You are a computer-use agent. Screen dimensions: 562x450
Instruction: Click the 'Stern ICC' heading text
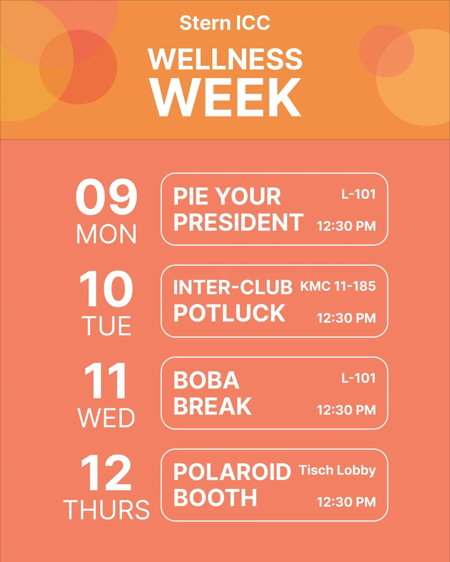click(x=225, y=23)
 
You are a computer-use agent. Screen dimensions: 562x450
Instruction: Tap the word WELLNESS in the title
click(x=225, y=59)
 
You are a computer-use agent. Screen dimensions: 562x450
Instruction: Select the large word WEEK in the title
click(x=226, y=97)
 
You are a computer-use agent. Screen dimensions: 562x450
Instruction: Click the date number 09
click(x=106, y=197)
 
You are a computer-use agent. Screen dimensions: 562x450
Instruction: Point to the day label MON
click(x=106, y=234)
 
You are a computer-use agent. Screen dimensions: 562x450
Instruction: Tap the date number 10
click(x=106, y=289)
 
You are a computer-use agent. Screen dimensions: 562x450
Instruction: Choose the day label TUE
click(x=106, y=326)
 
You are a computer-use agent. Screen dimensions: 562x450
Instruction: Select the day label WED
click(x=106, y=418)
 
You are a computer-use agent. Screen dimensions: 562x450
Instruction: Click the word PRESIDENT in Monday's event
click(x=238, y=222)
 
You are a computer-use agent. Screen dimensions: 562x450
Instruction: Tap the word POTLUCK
click(x=229, y=313)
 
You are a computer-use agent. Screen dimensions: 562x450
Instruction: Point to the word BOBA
click(x=207, y=380)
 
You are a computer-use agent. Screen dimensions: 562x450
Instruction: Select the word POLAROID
click(x=232, y=472)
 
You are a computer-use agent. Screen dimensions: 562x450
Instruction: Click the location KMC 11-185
click(x=338, y=286)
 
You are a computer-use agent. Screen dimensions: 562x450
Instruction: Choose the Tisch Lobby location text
click(x=337, y=470)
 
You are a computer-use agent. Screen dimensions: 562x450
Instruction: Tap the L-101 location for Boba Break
click(x=358, y=378)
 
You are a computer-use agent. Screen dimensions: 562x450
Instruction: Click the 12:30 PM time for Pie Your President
click(x=346, y=226)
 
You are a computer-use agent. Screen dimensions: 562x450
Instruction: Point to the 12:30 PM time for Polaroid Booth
click(x=346, y=502)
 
